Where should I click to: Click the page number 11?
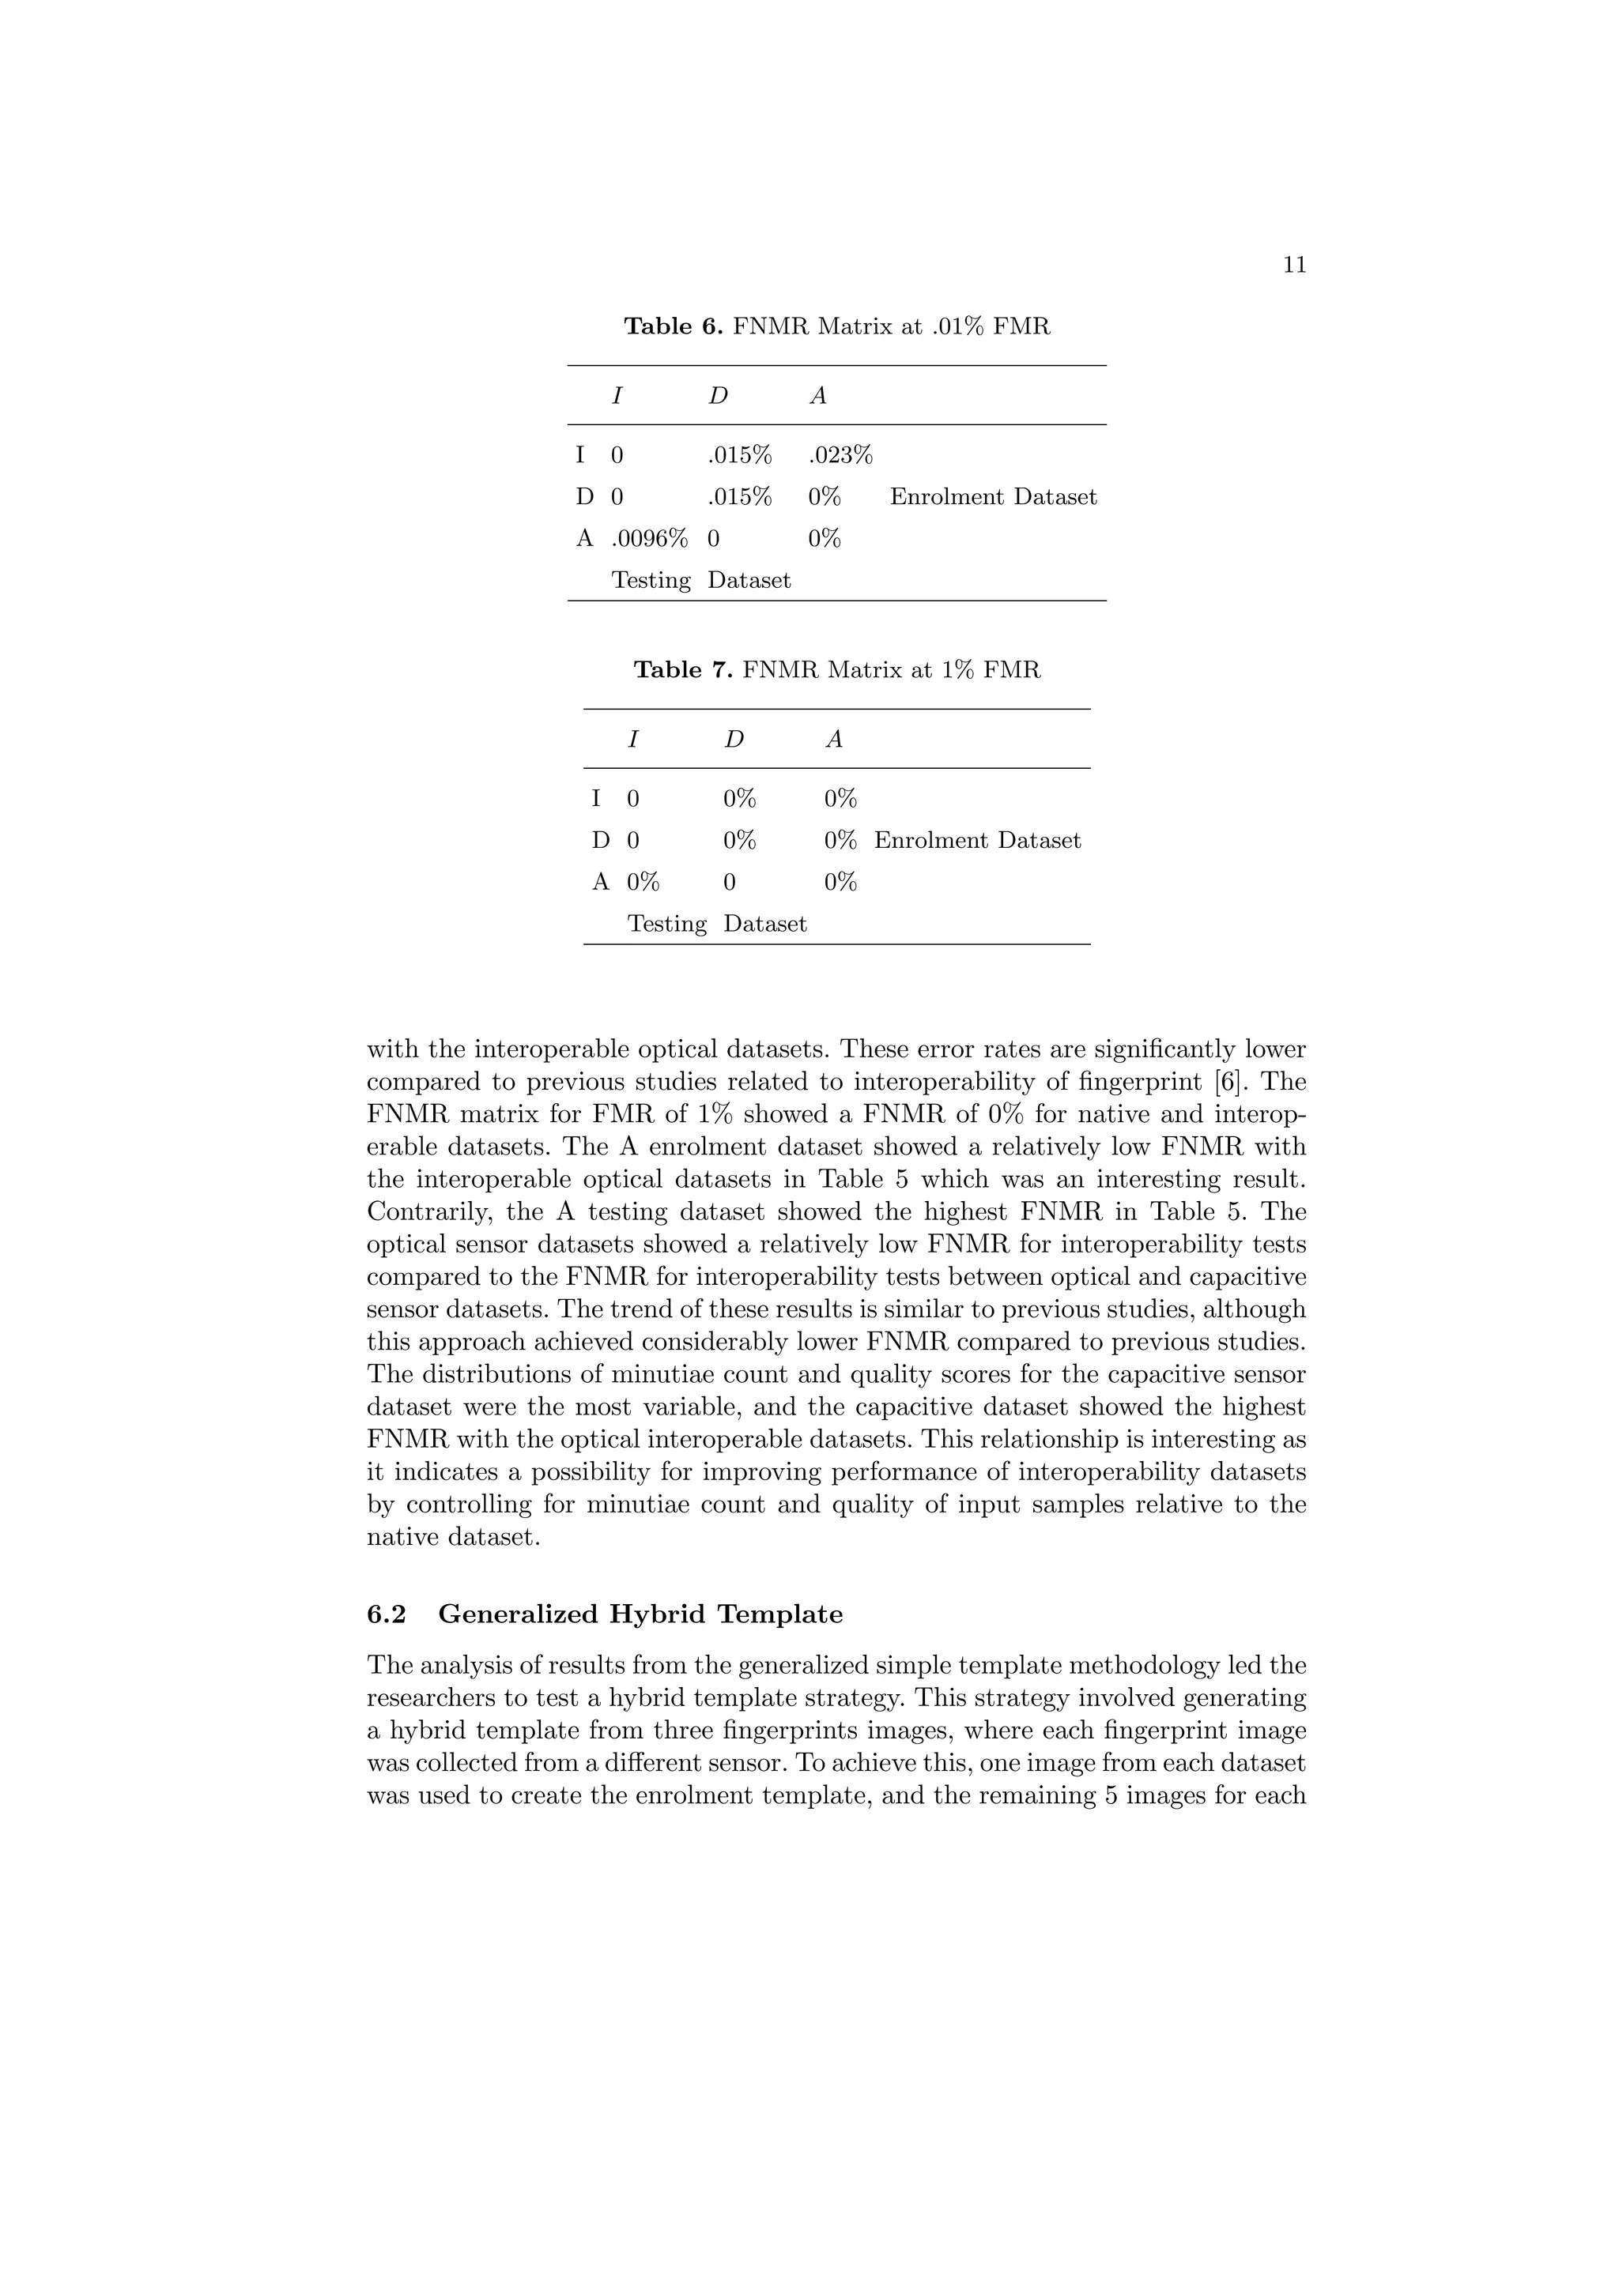point(1294,266)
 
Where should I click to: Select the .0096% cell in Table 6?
point(648,539)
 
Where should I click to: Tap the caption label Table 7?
point(683,670)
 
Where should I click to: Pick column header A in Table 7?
point(834,739)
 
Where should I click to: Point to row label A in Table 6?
point(584,539)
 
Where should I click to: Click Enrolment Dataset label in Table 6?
point(993,497)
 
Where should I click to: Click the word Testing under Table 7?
point(666,924)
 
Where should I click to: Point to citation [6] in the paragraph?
point(1238,1082)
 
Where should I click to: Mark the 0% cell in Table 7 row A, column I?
point(643,882)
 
